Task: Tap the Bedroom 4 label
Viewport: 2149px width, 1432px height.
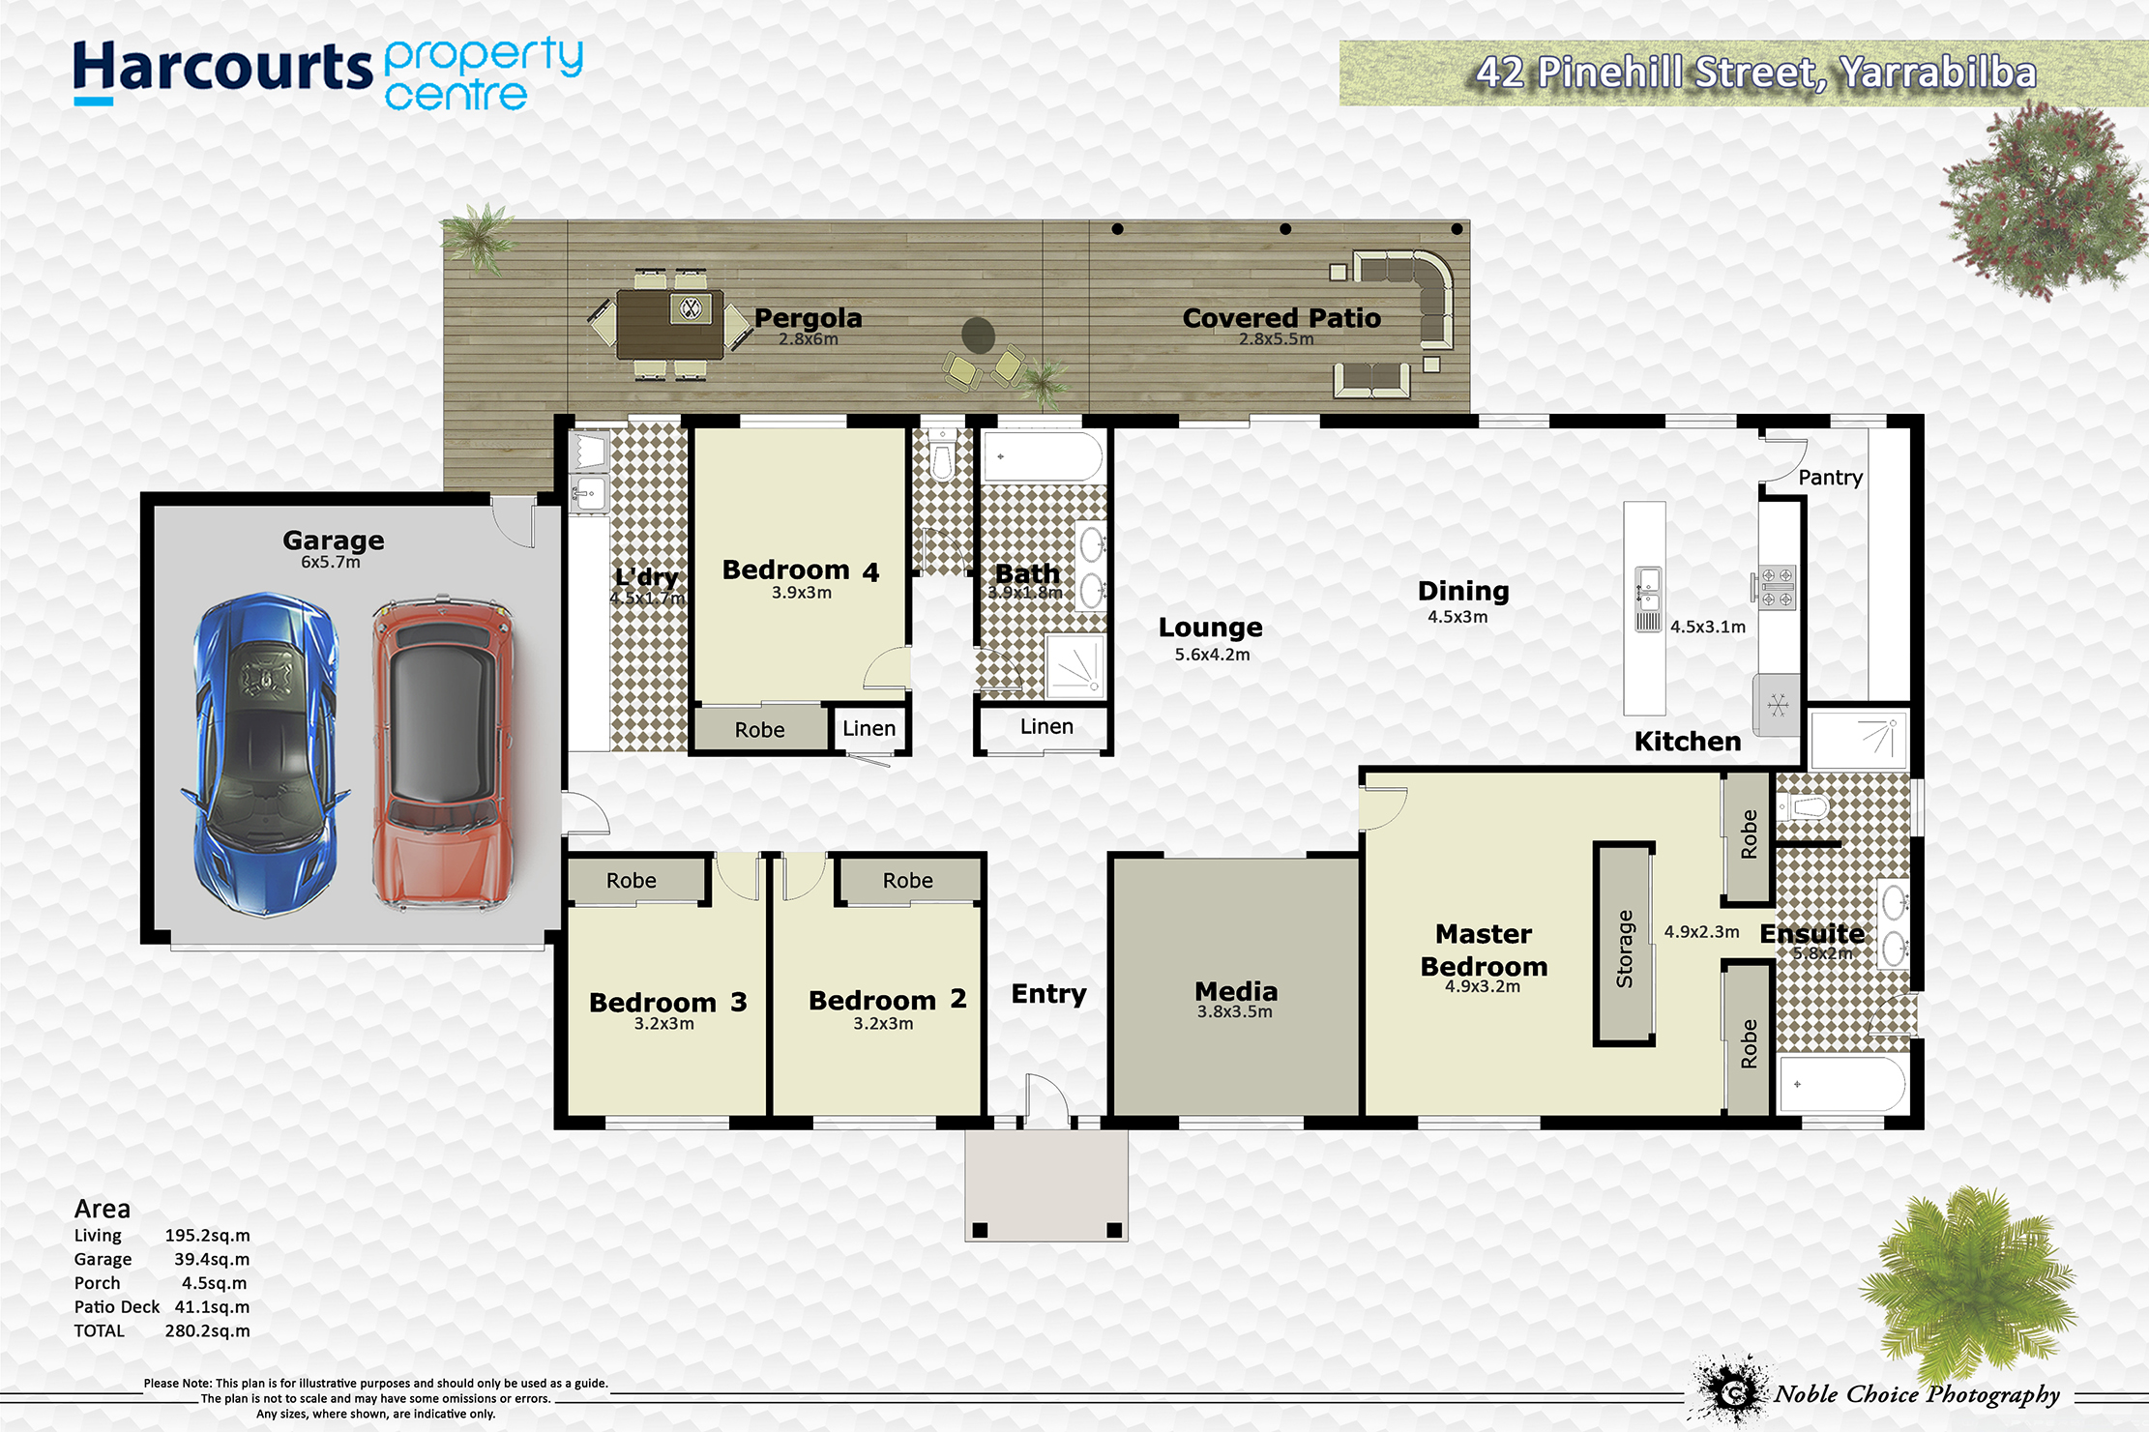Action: pyautogui.click(x=801, y=570)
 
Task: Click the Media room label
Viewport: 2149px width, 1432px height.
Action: pyautogui.click(x=1236, y=991)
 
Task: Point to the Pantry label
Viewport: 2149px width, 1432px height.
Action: pyautogui.click(x=1830, y=477)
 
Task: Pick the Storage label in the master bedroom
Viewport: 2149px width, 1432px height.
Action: pyautogui.click(x=1625, y=949)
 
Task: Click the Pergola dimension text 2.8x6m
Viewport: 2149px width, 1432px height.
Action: pyautogui.click(x=809, y=339)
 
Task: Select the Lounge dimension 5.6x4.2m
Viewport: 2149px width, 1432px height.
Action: pyautogui.click(x=1212, y=655)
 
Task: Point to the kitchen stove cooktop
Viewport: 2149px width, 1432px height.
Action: pyautogui.click(x=1777, y=587)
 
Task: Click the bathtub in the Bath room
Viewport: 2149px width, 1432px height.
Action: pyautogui.click(x=1043, y=455)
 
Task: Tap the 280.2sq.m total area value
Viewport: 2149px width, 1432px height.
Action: pyautogui.click(x=207, y=1330)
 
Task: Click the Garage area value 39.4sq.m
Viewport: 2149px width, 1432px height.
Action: pyautogui.click(x=212, y=1259)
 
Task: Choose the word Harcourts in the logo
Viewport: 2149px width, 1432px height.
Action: pyautogui.click(x=222, y=70)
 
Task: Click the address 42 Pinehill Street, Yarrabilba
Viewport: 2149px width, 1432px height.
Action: pyautogui.click(x=1756, y=73)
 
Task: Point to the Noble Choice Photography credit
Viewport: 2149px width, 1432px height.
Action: pyautogui.click(x=1917, y=1394)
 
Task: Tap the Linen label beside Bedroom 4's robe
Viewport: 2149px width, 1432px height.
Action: pyautogui.click(x=869, y=728)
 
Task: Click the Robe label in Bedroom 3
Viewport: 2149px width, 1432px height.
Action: pyautogui.click(x=632, y=881)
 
